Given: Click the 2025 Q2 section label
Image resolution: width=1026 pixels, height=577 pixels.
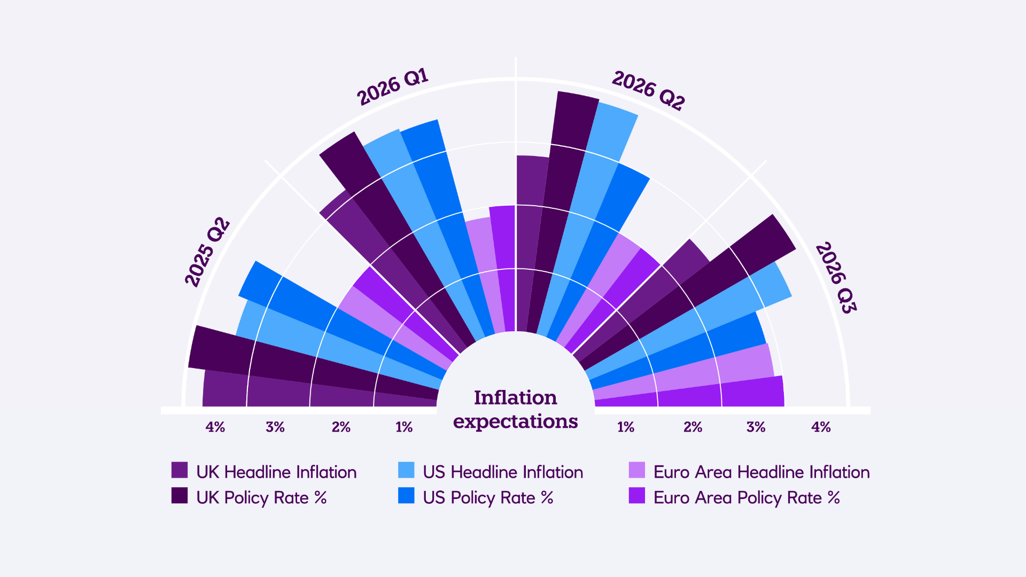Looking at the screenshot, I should [x=207, y=252].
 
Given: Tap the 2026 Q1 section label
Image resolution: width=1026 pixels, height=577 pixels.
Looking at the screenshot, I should [x=393, y=87].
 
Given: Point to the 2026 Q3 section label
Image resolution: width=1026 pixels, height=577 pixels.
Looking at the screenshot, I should [x=836, y=278].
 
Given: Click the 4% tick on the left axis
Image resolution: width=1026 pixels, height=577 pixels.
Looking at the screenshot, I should [x=215, y=427].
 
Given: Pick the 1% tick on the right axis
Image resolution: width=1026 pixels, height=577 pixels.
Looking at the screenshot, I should [x=626, y=427].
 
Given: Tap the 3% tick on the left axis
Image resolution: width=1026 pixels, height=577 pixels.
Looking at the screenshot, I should [x=275, y=427].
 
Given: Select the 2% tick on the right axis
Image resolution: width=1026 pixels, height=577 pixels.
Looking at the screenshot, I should [x=693, y=427].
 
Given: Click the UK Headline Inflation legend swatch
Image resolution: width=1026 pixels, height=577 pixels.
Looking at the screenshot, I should [x=180, y=470].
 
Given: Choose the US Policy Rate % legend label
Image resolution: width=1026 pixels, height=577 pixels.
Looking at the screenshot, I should [x=488, y=497].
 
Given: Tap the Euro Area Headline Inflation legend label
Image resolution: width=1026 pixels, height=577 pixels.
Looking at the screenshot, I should [x=761, y=472].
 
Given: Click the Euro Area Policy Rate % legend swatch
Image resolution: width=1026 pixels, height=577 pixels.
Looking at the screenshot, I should [x=637, y=496].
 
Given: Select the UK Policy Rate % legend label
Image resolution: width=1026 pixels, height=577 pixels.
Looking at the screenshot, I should [x=261, y=497].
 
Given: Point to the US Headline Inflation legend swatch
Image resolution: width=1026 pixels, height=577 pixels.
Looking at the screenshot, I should [x=406, y=470].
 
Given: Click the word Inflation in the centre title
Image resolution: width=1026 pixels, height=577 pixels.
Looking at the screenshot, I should [x=515, y=397].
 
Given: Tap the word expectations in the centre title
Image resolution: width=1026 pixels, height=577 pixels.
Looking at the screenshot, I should [x=515, y=421].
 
